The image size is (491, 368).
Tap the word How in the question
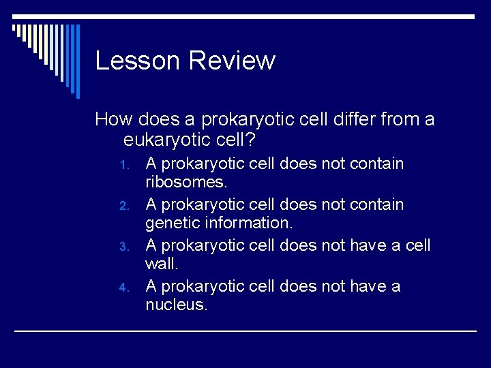pos(113,121)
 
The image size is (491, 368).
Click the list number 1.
pos(123,165)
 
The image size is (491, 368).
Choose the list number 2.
pos(123,206)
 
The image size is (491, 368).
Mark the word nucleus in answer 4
pos(175,305)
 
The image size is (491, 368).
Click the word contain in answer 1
pos(376,164)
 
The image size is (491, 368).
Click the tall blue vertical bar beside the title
pos(78,61)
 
